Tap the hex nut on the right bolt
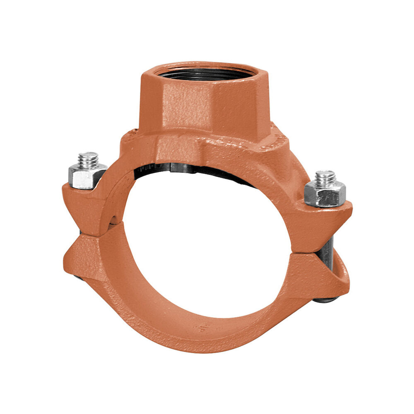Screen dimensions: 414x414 (325, 193)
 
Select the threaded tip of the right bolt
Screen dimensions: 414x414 (325, 178)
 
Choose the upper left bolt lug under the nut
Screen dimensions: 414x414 (85, 203)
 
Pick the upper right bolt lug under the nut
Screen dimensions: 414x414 (327, 219)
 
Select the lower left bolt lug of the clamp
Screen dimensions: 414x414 (83, 253)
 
